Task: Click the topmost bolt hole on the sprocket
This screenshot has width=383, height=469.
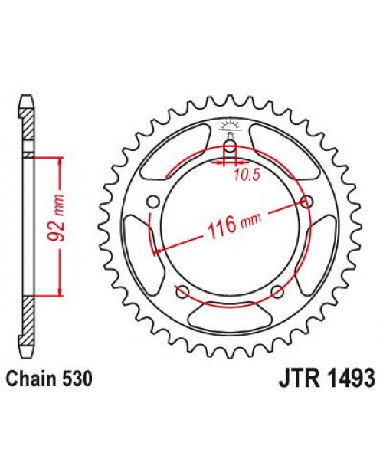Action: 230,149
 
